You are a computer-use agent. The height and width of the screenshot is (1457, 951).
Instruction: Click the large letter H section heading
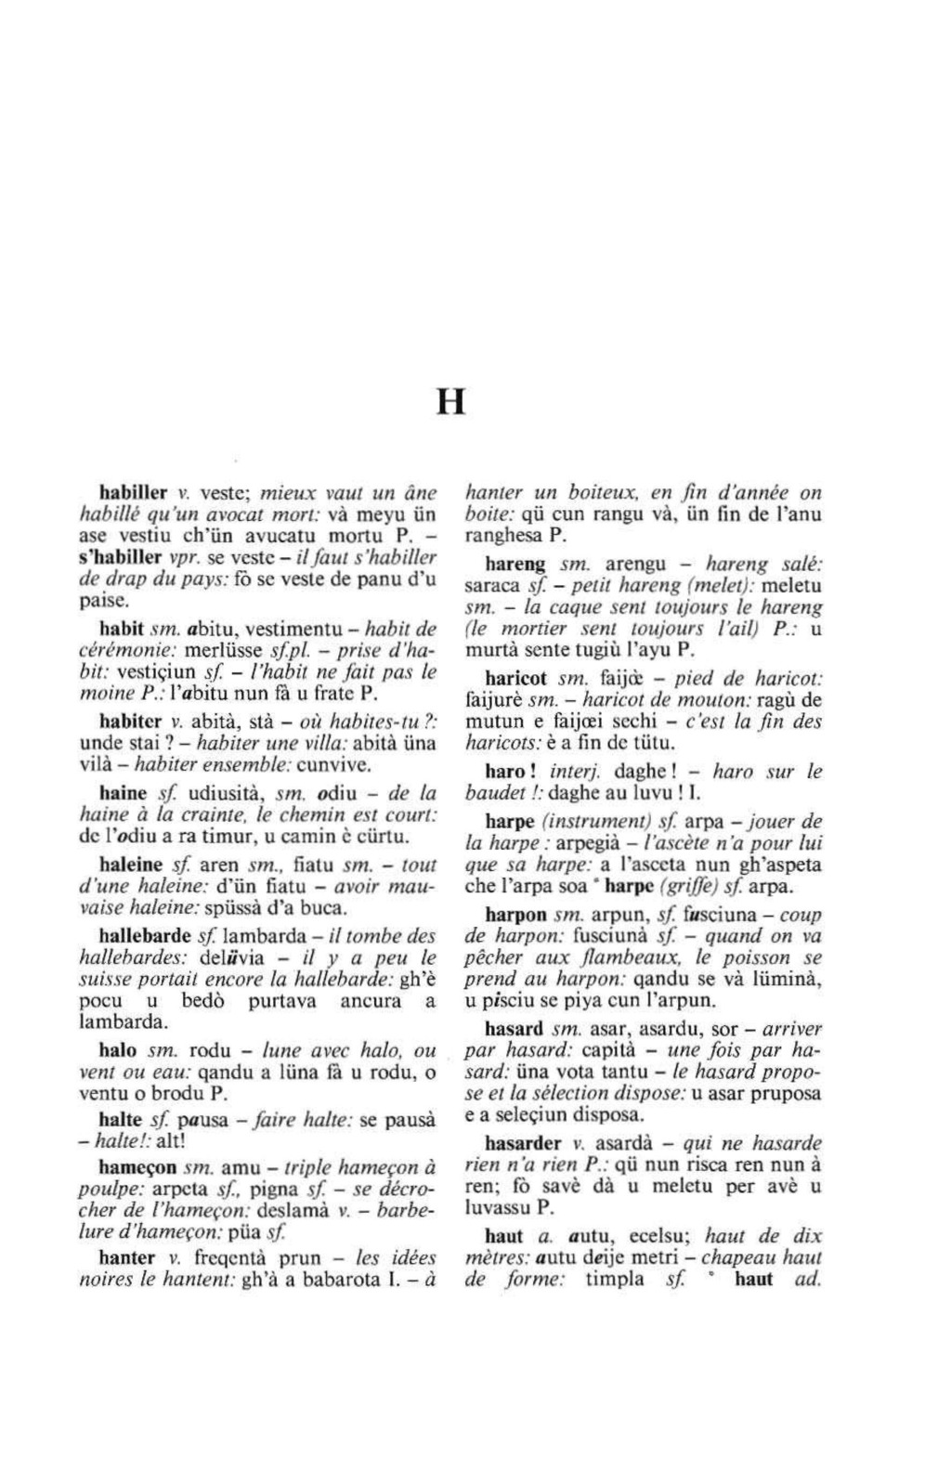[450, 402]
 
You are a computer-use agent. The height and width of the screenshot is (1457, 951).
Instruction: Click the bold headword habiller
[134, 492]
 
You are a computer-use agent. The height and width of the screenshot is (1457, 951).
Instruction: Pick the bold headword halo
[117, 1050]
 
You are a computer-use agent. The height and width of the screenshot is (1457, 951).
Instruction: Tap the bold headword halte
[120, 1119]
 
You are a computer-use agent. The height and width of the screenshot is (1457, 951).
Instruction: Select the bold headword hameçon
[136, 1165]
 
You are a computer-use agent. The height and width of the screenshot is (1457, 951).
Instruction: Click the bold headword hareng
[515, 564]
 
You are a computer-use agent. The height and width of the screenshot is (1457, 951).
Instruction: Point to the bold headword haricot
[515, 679]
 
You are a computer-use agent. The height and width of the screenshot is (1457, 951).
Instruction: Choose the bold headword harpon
[516, 914]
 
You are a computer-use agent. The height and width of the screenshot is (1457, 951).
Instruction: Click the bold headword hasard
[514, 1028]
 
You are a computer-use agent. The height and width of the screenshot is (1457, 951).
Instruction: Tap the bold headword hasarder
[523, 1143]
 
